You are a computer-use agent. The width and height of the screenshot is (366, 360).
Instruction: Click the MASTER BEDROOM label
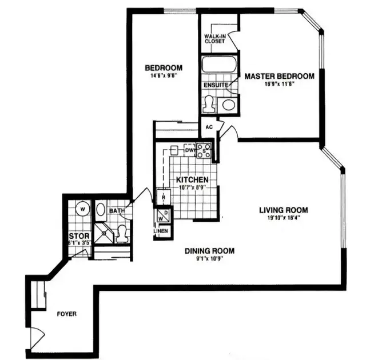click(x=279, y=77)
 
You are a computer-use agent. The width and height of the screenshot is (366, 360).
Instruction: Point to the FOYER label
click(x=66, y=314)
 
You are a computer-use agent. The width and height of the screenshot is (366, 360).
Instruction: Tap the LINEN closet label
click(x=160, y=231)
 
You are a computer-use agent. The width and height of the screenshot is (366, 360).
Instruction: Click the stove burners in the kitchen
click(x=204, y=150)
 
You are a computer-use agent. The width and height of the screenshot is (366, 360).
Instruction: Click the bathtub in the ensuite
click(x=218, y=64)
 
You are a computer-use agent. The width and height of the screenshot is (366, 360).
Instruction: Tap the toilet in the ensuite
click(x=209, y=103)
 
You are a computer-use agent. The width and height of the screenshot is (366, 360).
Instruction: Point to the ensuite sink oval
click(x=228, y=105)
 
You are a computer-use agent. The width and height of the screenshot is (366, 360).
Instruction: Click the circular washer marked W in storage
click(x=82, y=209)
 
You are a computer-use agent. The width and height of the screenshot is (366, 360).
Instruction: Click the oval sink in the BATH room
click(x=100, y=209)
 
